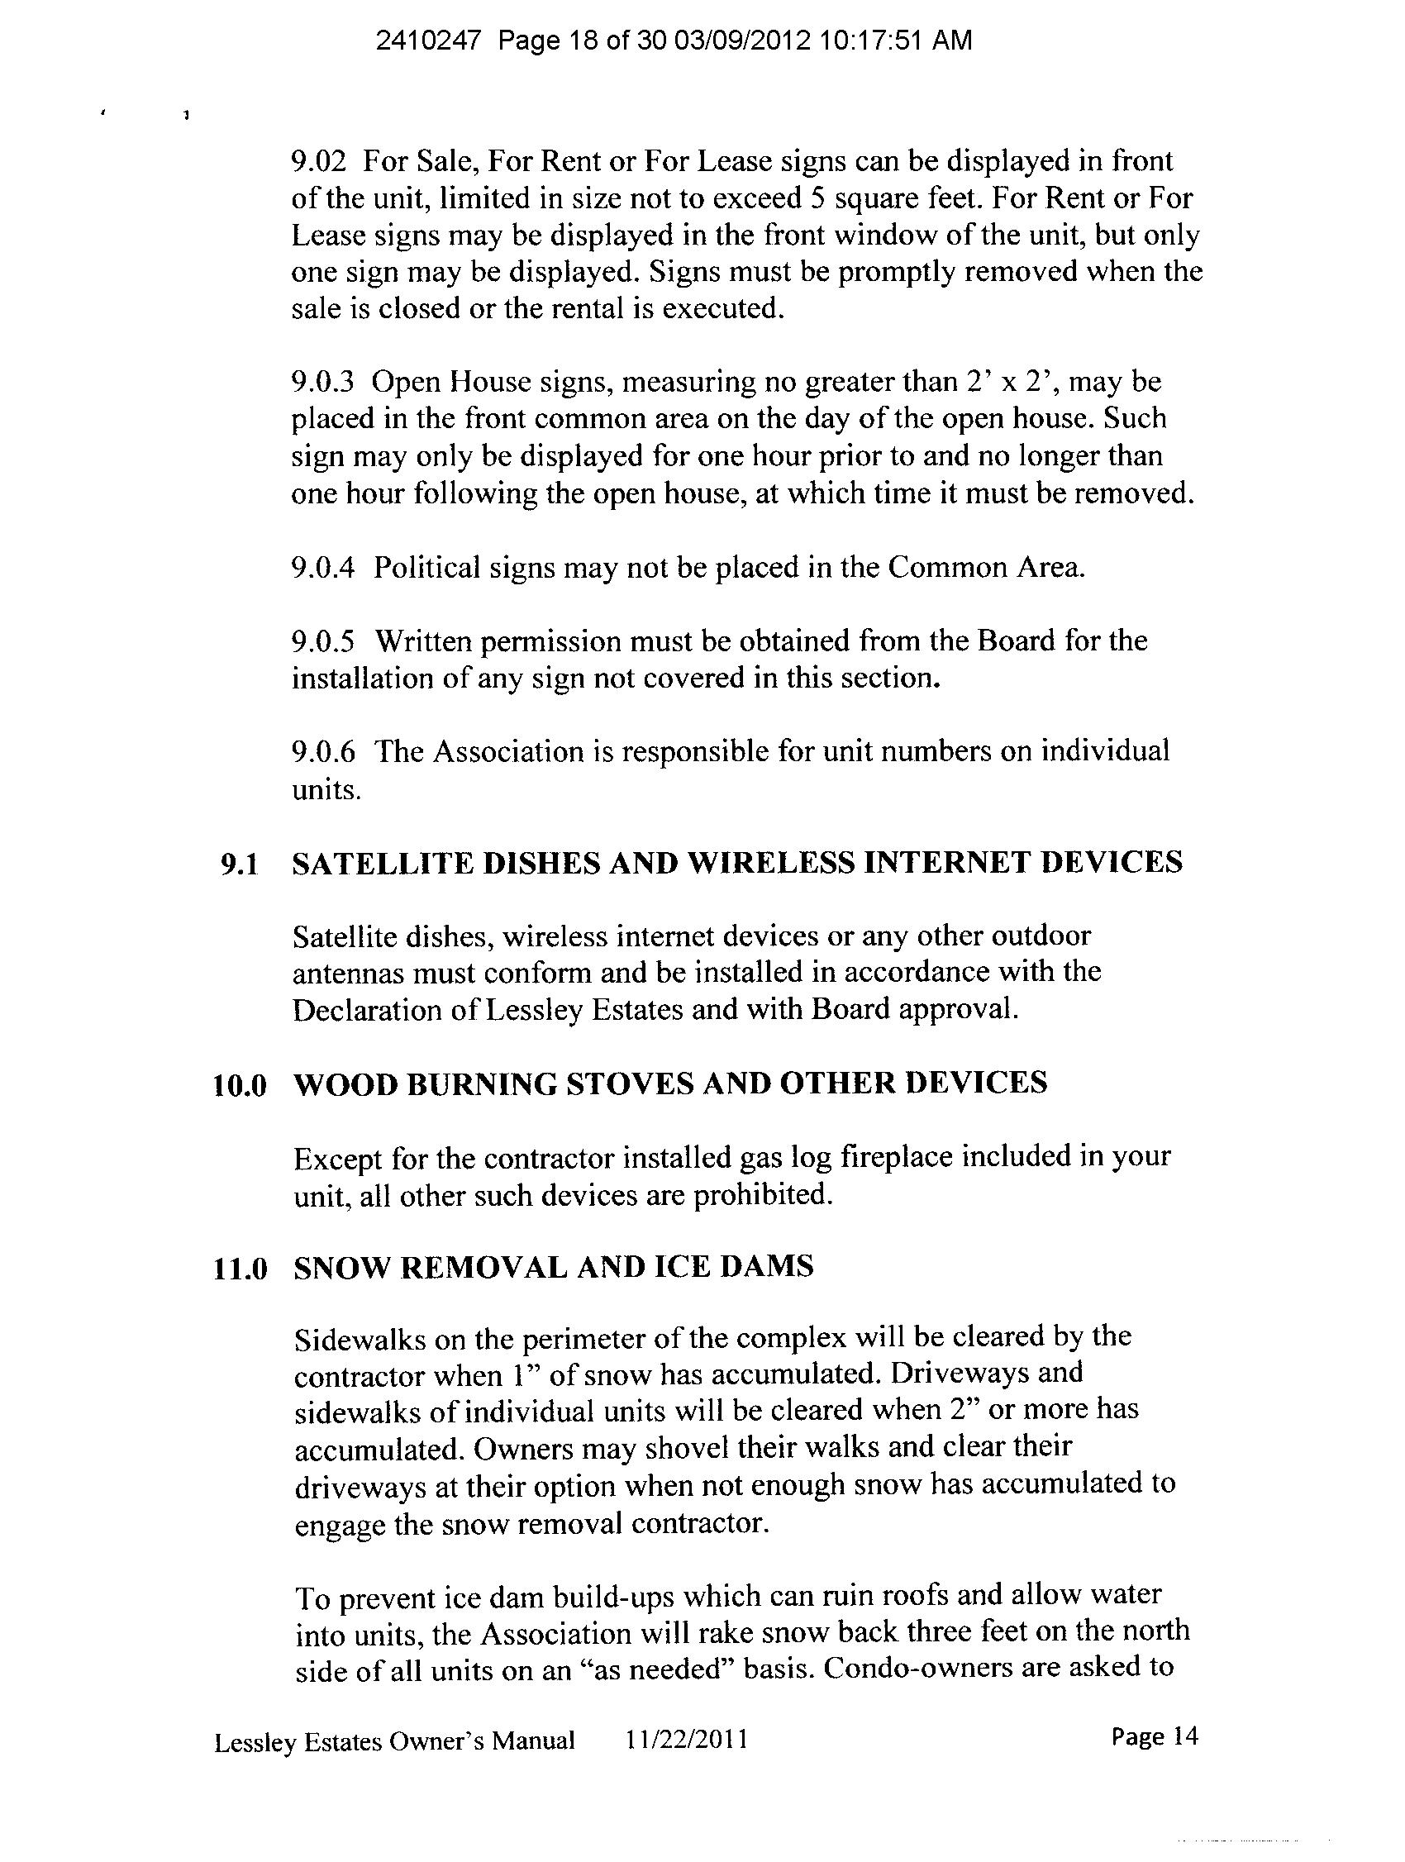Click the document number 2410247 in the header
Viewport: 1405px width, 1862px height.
coord(427,40)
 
